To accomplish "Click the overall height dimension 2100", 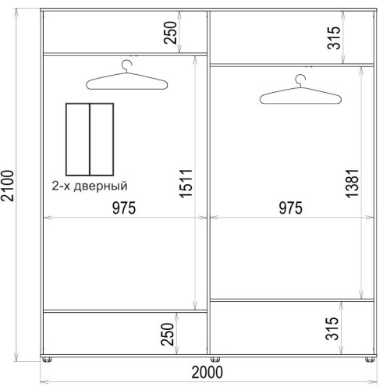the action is [7, 186].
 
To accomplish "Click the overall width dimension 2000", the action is [207, 372].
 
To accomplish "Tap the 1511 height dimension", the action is [186, 183].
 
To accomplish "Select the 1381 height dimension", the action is [353, 183].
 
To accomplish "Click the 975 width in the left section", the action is [124, 208].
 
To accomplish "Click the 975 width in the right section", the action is [291, 208].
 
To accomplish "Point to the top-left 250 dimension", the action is [170, 33].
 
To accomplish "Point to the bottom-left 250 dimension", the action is [167, 335].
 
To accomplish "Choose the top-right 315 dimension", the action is [334, 38].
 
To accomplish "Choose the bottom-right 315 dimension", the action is [332, 329].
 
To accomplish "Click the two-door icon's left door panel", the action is [78, 140].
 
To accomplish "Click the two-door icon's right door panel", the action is [101, 140].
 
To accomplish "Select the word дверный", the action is [101, 186].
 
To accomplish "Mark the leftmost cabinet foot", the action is [47, 359].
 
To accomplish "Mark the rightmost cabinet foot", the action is [370, 359].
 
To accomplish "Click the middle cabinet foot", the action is [215, 359].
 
